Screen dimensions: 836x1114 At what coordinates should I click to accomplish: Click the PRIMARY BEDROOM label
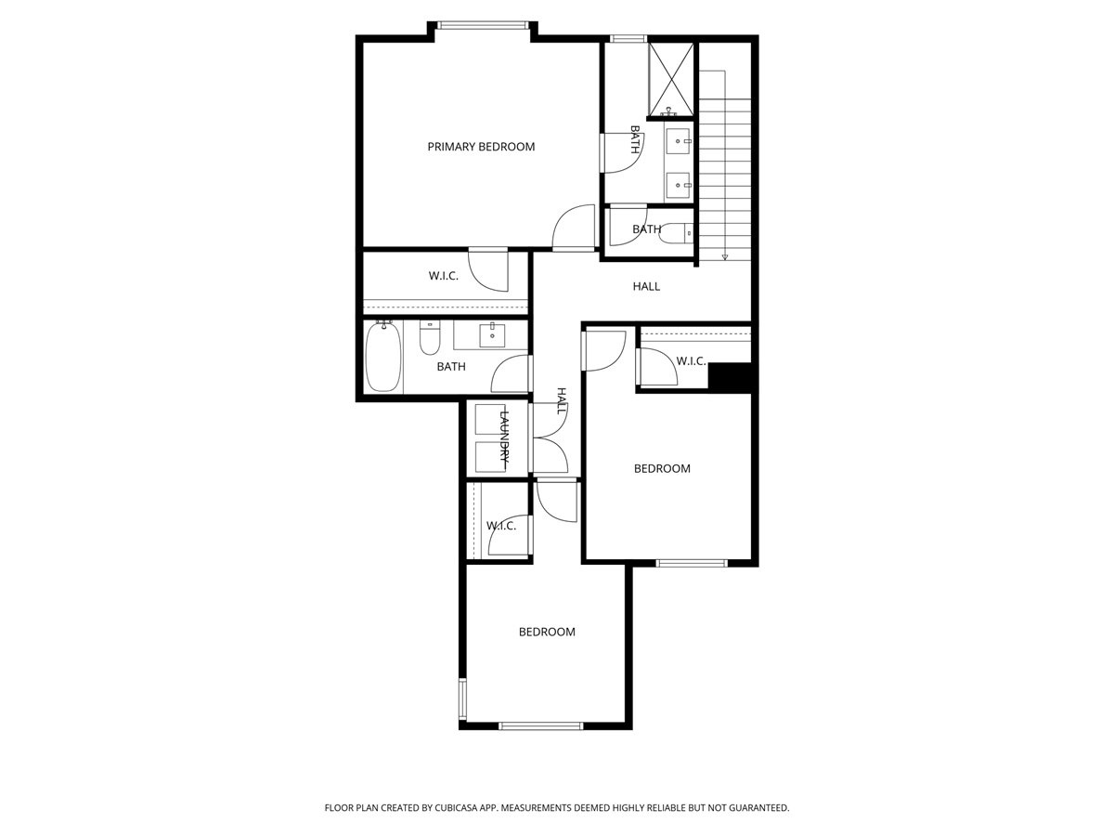481,147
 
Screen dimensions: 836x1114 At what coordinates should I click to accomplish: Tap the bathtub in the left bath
382,357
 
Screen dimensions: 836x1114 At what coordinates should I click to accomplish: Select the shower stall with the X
671,79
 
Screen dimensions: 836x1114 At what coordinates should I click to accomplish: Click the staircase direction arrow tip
725,257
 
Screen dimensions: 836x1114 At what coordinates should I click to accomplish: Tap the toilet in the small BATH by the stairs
675,232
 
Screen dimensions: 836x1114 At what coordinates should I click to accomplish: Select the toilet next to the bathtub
429,341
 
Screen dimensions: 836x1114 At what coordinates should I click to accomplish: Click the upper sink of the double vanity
680,142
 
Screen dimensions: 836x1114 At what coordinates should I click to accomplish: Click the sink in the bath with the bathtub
490,333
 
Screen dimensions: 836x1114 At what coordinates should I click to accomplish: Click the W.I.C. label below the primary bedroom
443,276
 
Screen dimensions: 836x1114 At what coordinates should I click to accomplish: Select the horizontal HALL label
646,286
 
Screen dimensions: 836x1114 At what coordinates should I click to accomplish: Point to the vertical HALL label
562,401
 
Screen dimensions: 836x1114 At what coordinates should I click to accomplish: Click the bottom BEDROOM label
546,632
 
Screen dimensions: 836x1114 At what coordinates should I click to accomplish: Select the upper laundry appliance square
489,421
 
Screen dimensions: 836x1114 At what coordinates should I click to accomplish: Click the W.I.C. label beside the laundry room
500,526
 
